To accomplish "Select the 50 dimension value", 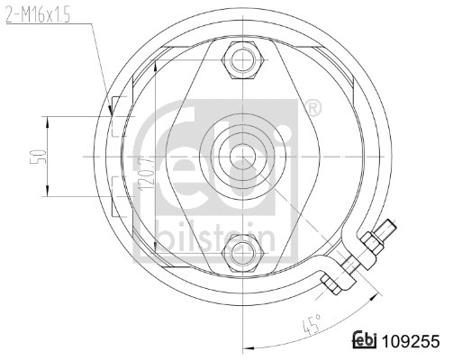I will point(35,157).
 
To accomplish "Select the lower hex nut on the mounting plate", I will point(242,251).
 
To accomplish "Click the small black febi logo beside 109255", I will point(364,342).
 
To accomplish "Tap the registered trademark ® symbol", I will point(313,110).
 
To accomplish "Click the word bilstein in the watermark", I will point(216,237).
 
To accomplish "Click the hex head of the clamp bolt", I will point(331,283).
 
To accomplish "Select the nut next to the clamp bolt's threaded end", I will point(370,244).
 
